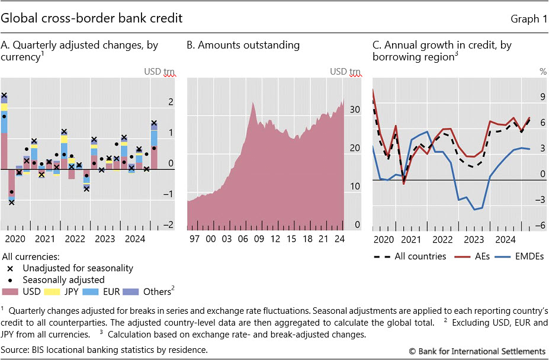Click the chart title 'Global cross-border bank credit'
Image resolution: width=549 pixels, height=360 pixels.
(x=92, y=18)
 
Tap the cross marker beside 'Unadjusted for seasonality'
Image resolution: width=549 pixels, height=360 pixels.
(x=10, y=268)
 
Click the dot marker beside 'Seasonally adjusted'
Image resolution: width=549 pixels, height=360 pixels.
(x=10, y=279)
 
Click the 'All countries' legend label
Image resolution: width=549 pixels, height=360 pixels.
(x=419, y=256)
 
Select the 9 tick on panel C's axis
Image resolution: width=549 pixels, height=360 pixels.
(x=542, y=97)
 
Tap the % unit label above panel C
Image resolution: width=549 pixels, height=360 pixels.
(x=543, y=72)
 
